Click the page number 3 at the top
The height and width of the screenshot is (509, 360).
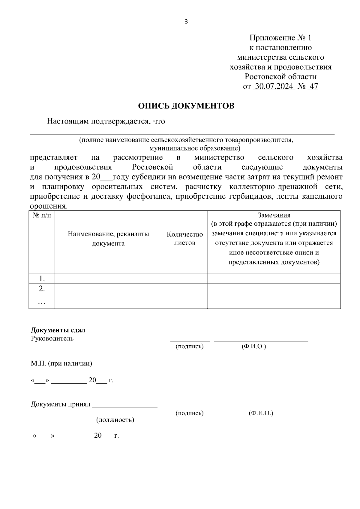[x=186, y=22]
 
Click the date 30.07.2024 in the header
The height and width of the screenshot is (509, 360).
[x=274, y=87]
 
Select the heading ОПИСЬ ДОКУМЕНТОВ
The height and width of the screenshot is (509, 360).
[x=186, y=106]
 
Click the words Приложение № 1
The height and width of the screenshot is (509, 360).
[x=280, y=38]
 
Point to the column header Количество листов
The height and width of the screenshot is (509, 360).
[x=185, y=239]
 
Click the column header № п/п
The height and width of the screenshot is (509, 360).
[x=42, y=216]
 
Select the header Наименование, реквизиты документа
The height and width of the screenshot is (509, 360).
[x=108, y=239]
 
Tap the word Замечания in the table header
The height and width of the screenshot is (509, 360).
[x=274, y=215]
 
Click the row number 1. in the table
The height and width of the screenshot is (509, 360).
[x=42, y=279]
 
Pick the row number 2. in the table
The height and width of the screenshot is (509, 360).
[x=42, y=289]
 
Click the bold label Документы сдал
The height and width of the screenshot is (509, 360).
[x=58, y=330]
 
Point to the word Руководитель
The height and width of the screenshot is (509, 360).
[x=52, y=338]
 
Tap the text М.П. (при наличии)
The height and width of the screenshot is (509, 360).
[x=61, y=364]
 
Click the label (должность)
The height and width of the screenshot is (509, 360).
[x=115, y=420]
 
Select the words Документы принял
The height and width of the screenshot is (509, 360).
[x=61, y=404]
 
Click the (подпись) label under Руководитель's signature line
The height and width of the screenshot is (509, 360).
[x=190, y=347]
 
